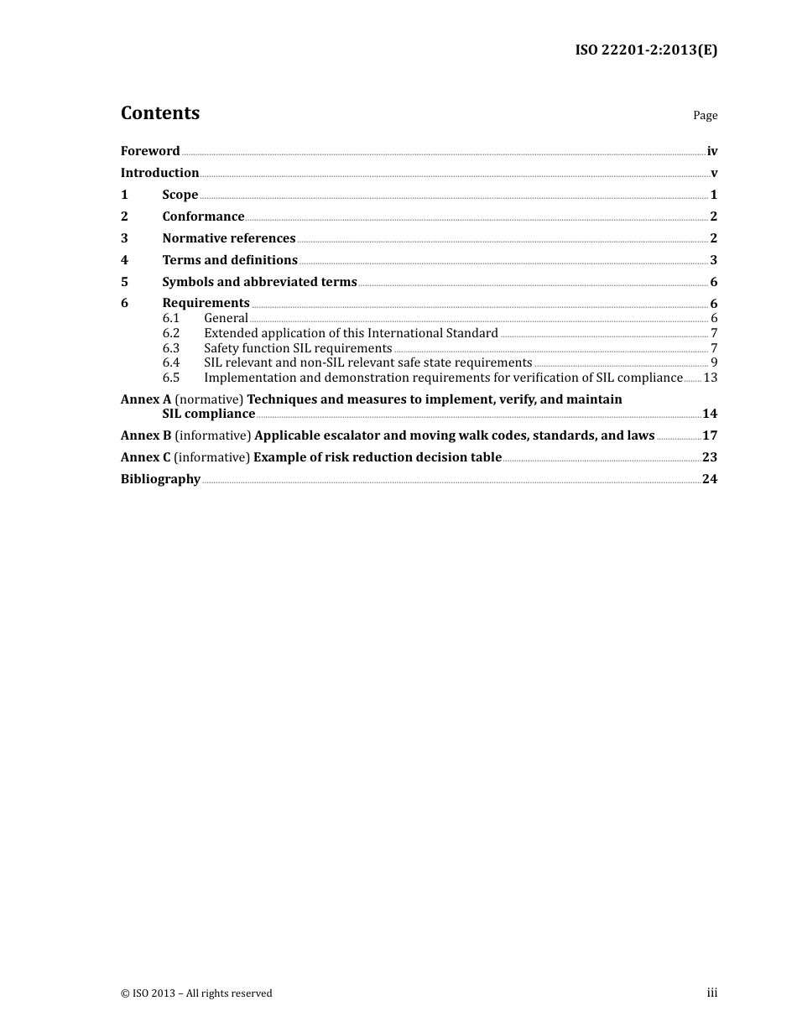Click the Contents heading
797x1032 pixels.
pyautogui.click(x=160, y=113)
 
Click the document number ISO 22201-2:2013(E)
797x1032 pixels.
pyautogui.click(x=646, y=50)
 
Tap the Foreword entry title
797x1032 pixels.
pyautogui.click(x=150, y=151)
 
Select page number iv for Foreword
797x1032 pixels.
pyautogui.click(x=712, y=151)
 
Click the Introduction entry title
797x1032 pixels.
pyautogui.click(x=159, y=173)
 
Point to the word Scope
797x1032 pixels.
pyautogui.click(x=180, y=195)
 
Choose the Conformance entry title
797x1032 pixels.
pyautogui.click(x=203, y=216)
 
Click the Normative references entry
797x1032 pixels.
pyautogui.click(x=229, y=238)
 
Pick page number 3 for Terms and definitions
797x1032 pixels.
pyautogui.click(x=714, y=260)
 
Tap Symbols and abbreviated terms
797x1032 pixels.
pyautogui.click(x=259, y=282)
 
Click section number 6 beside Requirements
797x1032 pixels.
pyautogui.click(x=124, y=303)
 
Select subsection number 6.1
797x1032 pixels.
pyautogui.click(x=171, y=318)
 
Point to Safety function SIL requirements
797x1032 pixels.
pyautogui.click(x=298, y=348)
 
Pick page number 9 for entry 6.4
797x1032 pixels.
pyautogui.click(x=714, y=362)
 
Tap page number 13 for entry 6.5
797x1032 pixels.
pyautogui.click(x=711, y=378)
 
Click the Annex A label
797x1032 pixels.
pyautogui.click(x=146, y=399)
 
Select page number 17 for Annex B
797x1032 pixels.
pyautogui.click(x=710, y=435)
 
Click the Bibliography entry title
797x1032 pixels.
pyautogui.click(x=160, y=479)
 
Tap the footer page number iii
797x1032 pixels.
pyautogui.click(x=711, y=993)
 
